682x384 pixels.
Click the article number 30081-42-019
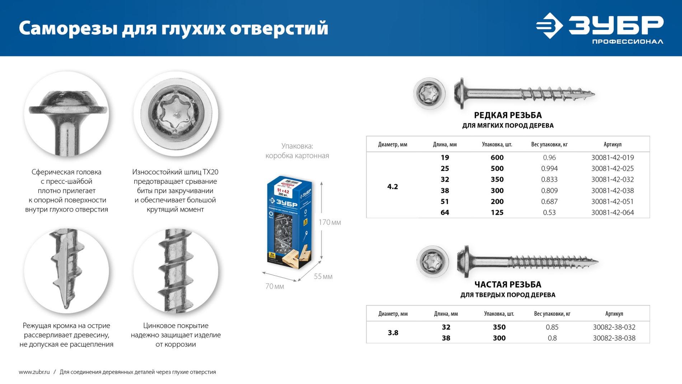tap(612, 157)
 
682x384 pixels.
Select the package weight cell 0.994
tap(549, 168)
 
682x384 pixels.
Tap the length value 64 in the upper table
tap(445, 212)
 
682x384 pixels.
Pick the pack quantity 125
tap(497, 212)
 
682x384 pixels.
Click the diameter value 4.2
tap(392, 186)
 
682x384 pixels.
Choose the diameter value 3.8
tap(393, 333)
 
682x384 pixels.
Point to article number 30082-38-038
tap(614, 338)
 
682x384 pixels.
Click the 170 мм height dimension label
tap(330, 222)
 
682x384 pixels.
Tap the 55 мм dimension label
tap(323, 277)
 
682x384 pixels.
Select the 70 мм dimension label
tap(275, 286)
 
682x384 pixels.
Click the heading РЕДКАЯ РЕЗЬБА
tap(508, 115)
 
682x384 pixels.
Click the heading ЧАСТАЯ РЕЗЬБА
tap(508, 284)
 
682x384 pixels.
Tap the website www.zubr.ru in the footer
tap(34, 372)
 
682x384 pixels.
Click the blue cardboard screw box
tap(289, 223)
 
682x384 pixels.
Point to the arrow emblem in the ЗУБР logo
tap(549, 26)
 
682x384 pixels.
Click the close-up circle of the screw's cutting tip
tap(66, 270)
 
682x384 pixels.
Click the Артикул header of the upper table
tap(612, 144)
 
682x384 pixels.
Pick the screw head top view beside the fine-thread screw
tap(433, 262)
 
